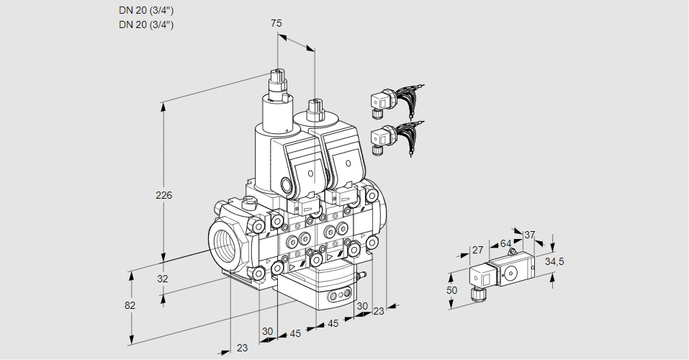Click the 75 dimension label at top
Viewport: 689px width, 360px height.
(276, 23)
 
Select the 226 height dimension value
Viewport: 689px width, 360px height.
(165, 195)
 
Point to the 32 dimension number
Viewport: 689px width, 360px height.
(162, 279)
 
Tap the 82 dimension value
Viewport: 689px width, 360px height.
(130, 305)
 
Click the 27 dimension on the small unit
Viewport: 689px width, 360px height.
(477, 251)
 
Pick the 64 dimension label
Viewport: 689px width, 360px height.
(505, 243)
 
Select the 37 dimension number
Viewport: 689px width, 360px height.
(530, 235)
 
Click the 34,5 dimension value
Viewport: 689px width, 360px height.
(554, 261)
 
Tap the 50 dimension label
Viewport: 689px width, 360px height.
(452, 289)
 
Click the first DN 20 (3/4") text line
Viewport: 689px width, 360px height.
(146, 10)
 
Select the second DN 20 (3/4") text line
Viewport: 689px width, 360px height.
(146, 24)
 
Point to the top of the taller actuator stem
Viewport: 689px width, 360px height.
(277, 74)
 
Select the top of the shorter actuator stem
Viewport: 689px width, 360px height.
(314, 106)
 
